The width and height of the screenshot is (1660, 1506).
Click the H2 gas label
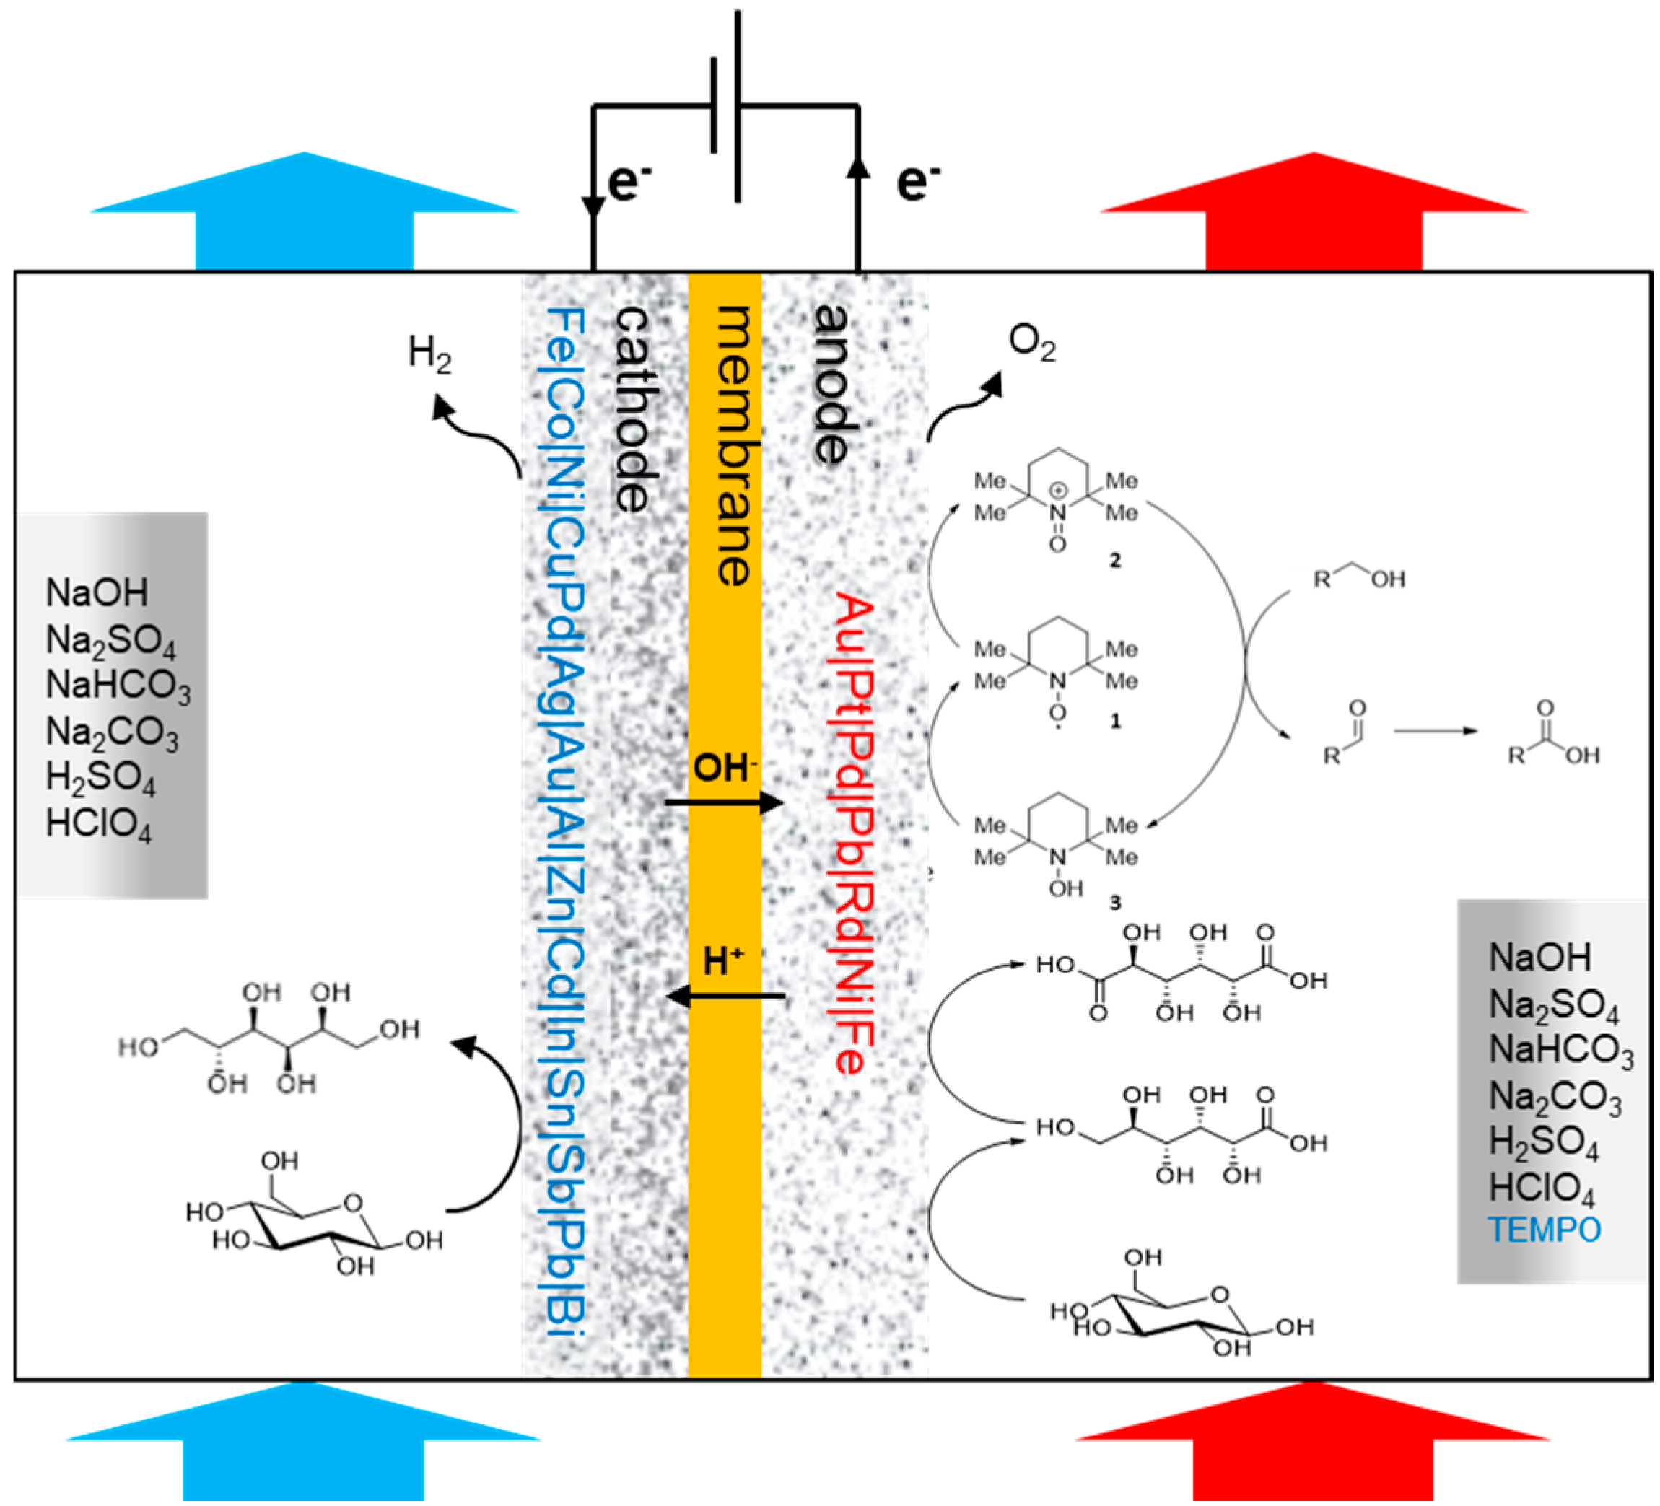point(429,355)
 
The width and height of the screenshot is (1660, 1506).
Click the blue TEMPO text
point(1544,1230)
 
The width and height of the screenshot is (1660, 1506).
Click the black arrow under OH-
point(725,802)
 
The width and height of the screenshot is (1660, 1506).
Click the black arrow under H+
point(725,997)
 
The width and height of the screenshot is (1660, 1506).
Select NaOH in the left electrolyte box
point(97,593)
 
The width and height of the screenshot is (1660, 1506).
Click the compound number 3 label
point(1115,903)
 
